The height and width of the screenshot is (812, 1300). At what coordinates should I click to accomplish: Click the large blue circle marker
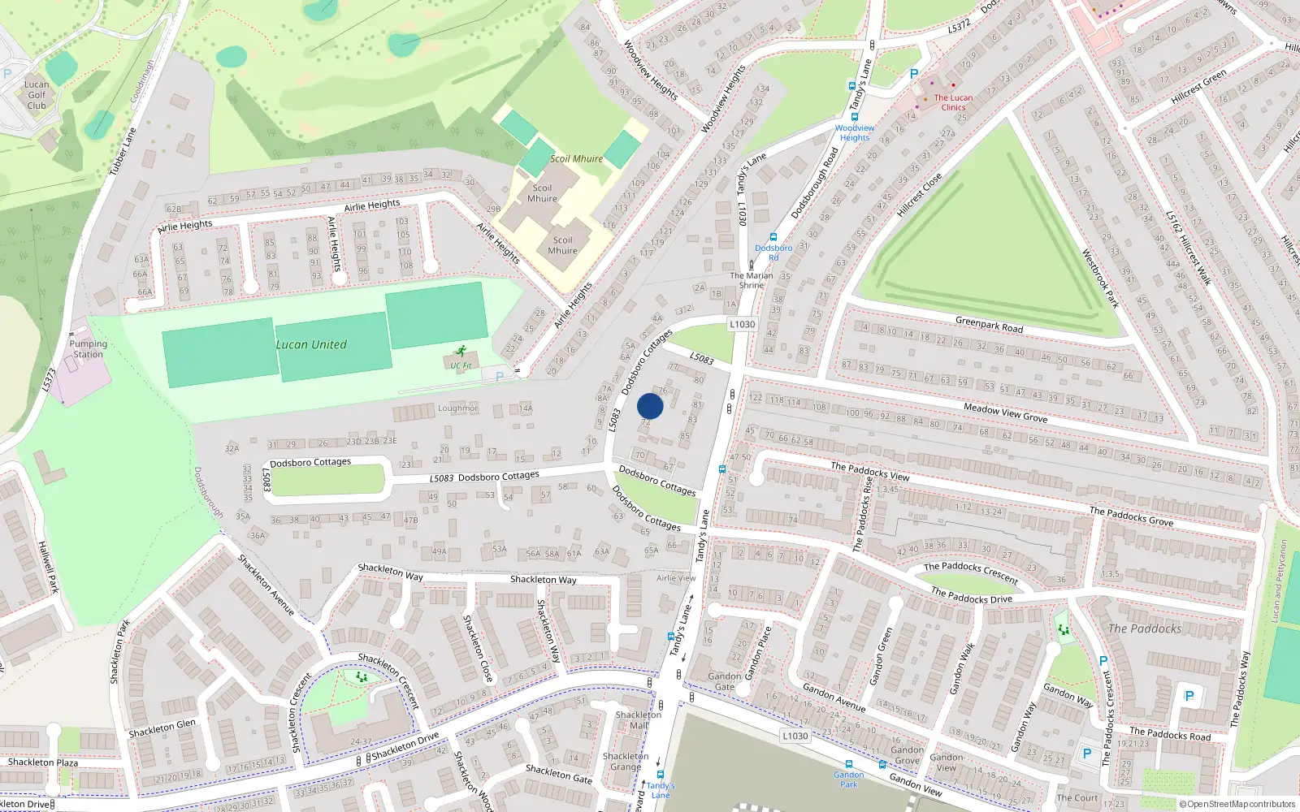tap(650, 406)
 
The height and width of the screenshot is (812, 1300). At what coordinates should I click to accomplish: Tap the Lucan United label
tap(311, 344)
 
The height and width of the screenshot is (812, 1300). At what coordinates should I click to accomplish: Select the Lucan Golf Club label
tap(37, 95)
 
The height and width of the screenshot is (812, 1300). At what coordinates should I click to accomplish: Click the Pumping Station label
tap(88, 349)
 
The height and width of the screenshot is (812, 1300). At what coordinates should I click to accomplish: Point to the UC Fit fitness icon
tap(461, 352)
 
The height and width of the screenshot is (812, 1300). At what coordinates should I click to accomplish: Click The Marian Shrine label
tap(752, 280)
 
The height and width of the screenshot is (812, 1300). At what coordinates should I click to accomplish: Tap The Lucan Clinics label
tap(953, 102)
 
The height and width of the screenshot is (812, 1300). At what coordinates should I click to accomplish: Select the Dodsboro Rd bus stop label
tap(773, 253)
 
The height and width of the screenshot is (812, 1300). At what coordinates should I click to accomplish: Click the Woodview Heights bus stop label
tap(855, 132)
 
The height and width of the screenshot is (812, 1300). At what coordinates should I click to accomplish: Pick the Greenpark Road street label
tap(989, 324)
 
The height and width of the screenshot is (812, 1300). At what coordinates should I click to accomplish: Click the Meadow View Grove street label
tap(1005, 412)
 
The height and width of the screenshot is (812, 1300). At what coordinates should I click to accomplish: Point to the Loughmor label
tap(458, 408)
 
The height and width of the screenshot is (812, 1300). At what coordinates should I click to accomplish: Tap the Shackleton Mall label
tap(639, 720)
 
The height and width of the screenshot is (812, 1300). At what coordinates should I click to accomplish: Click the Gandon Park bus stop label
tap(848, 780)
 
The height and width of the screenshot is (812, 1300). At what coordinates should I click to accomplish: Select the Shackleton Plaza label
tap(43, 762)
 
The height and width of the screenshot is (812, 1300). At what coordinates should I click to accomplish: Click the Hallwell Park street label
tap(48, 567)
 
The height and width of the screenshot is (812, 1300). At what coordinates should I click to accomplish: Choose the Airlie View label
tap(676, 578)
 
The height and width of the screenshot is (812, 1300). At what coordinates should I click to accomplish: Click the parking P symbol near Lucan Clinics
tap(914, 74)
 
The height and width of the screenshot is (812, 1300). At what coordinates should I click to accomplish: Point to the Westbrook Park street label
tap(1100, 279)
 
